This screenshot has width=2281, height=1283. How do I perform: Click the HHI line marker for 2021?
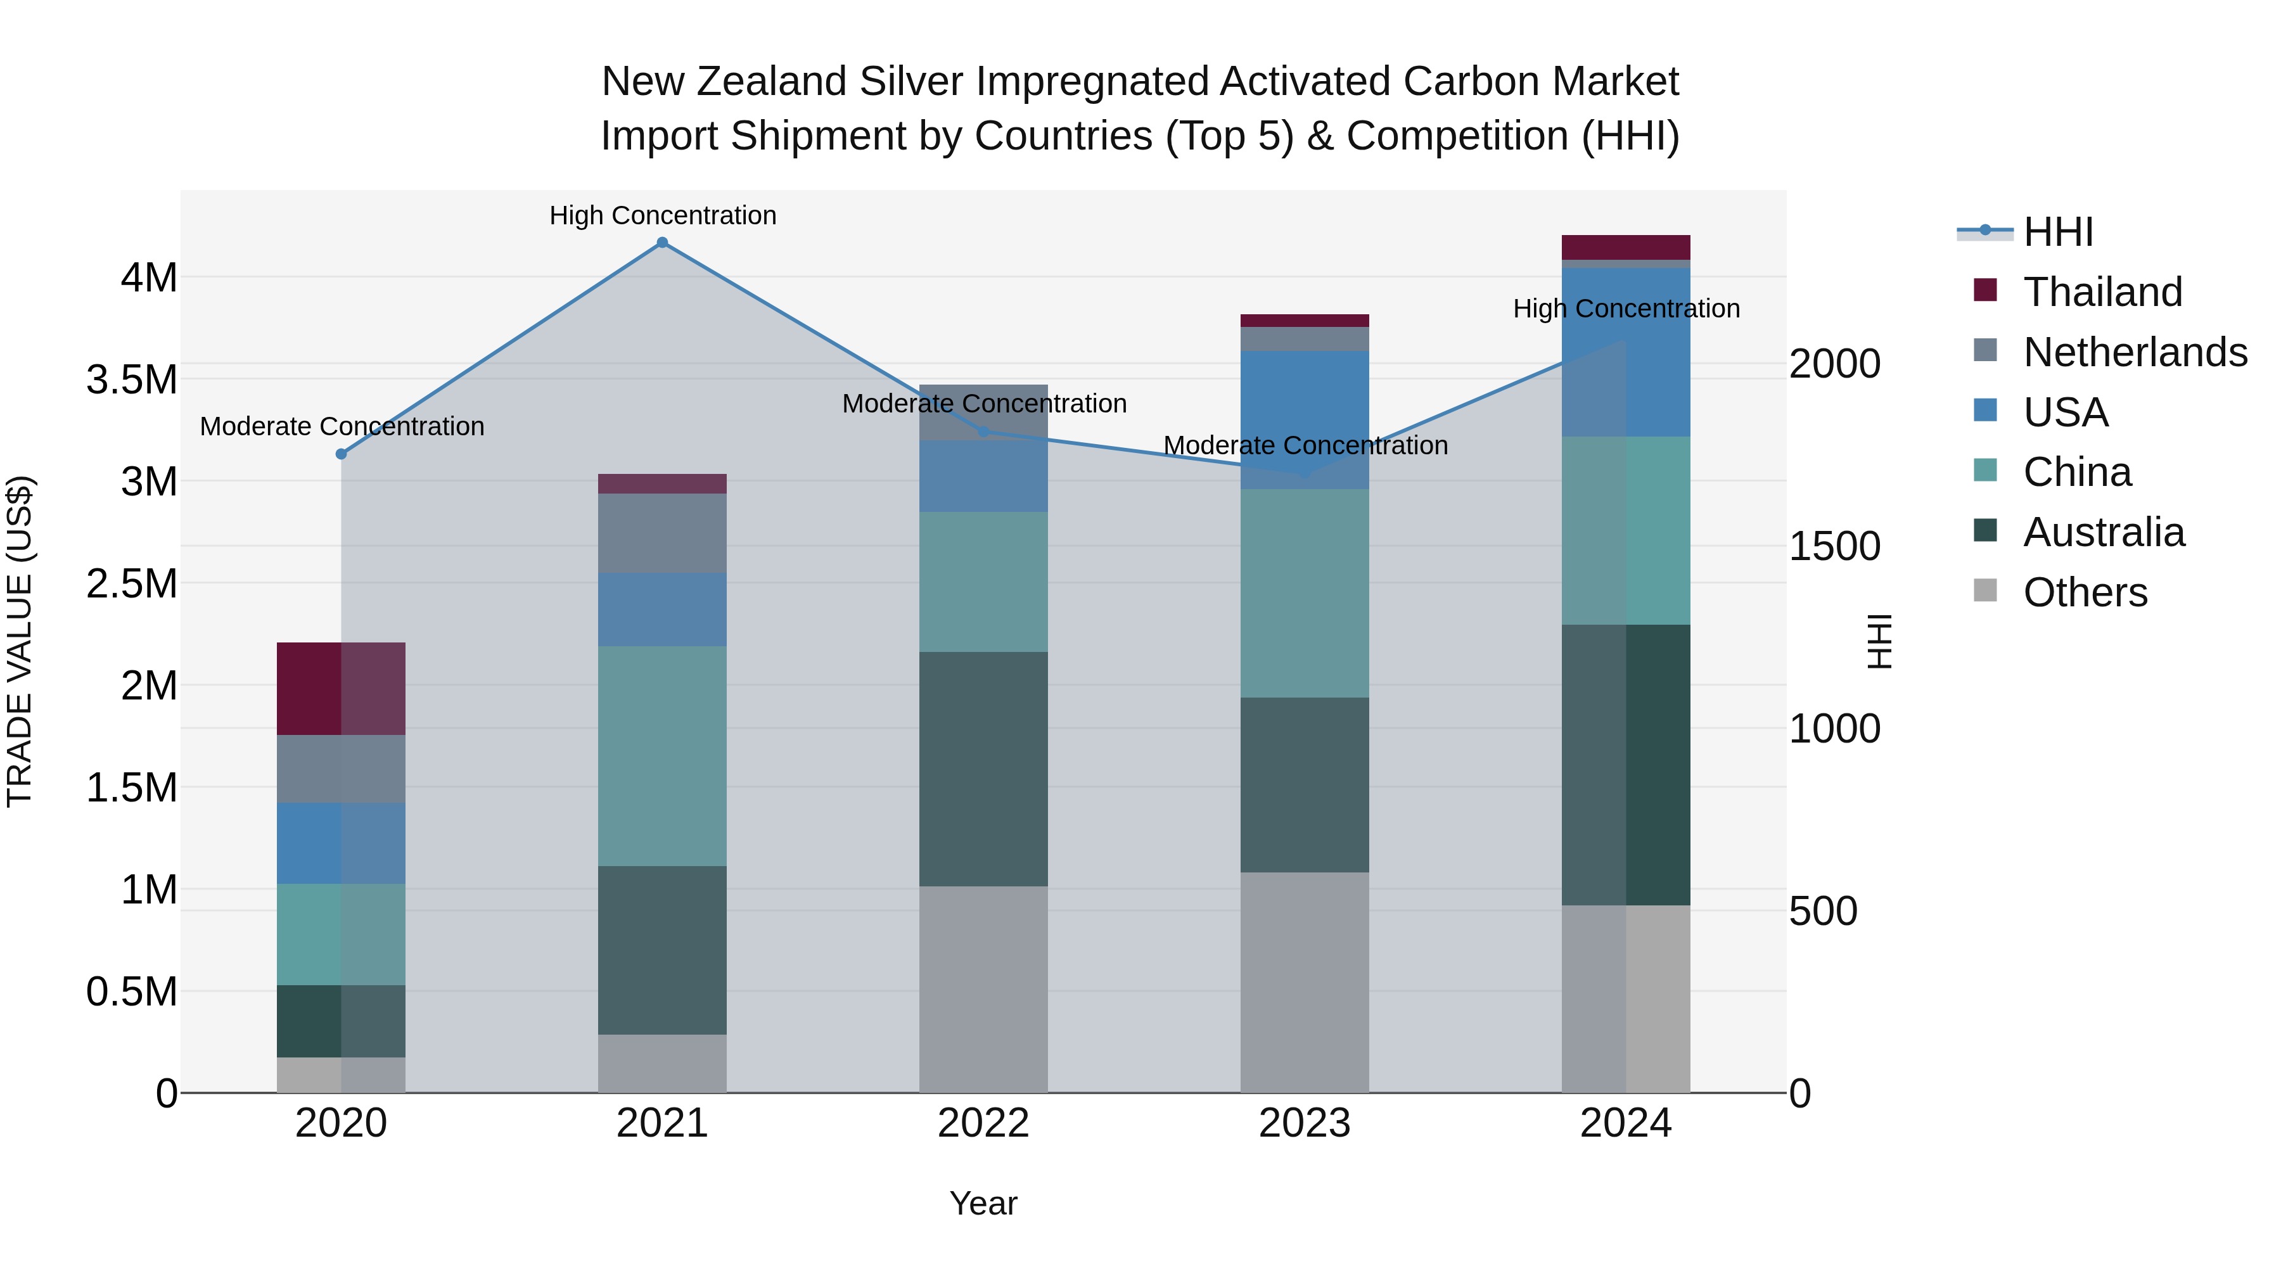[662, 243]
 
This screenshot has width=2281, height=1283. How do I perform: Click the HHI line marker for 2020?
[341, 454]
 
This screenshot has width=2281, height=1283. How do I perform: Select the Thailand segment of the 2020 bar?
[341, 689]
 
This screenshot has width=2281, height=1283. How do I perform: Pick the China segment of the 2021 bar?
[662, 755]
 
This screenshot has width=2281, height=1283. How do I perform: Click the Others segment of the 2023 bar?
[1305, 982]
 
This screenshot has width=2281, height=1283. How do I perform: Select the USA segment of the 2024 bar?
[1626, 352]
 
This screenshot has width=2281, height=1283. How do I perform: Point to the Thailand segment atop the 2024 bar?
[1626, 247]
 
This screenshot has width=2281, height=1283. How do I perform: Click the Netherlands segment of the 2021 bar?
[662, 533]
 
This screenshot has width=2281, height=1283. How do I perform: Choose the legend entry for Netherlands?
[2135, 352]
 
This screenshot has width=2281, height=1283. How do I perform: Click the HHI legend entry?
[2057, 232]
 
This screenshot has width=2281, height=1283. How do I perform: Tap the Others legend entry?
[2085, 592]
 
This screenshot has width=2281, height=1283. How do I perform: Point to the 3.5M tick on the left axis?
[131, 380]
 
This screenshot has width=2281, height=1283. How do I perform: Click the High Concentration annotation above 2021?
[662, 215]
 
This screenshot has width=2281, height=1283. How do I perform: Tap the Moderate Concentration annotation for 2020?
[342, 427]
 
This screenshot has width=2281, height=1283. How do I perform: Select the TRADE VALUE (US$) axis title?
[20, 641]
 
